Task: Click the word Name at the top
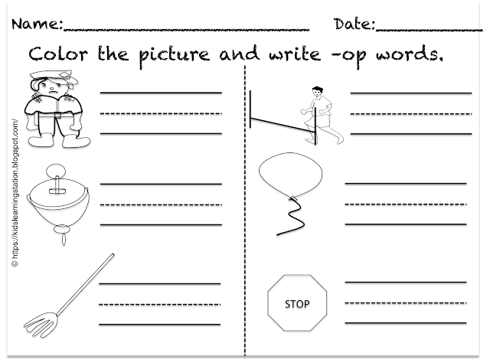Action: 38,25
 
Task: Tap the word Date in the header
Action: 354,25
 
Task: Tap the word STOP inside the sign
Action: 296,304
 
